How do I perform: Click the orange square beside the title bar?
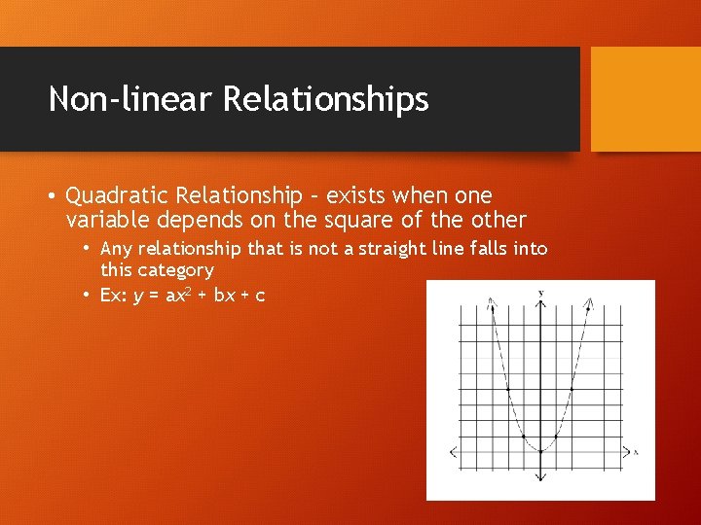tap(646, 99)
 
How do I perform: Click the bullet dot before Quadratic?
tap(52, 196)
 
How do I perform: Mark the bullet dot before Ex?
tap(87, 296)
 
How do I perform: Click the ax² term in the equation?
tap(178, 295)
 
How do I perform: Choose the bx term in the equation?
tap(224, 296)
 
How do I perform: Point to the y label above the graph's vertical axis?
tap(540, 293)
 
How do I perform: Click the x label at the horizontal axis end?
tap(635, 452)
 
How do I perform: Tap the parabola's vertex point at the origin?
tap(540, 451)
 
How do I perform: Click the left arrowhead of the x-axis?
tap(454, 451)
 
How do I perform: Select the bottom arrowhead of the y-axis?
tap(540, 477)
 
